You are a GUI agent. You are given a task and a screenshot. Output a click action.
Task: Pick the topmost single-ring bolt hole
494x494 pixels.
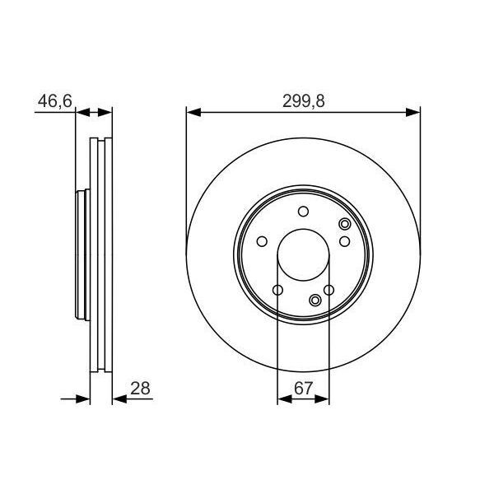(x=303, y=210)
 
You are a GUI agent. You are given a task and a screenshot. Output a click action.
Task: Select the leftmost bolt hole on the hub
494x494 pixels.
(x=262, y=241)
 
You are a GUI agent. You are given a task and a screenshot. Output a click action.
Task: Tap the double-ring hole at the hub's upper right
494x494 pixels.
(x=344, y=225)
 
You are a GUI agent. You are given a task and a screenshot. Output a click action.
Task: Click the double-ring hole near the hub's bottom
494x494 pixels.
(x=315, y=300)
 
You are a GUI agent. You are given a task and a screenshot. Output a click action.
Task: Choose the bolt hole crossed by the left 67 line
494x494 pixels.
(x=277, y=290)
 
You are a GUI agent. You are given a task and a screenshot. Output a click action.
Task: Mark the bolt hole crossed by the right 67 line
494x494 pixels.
(x=329, y=290)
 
